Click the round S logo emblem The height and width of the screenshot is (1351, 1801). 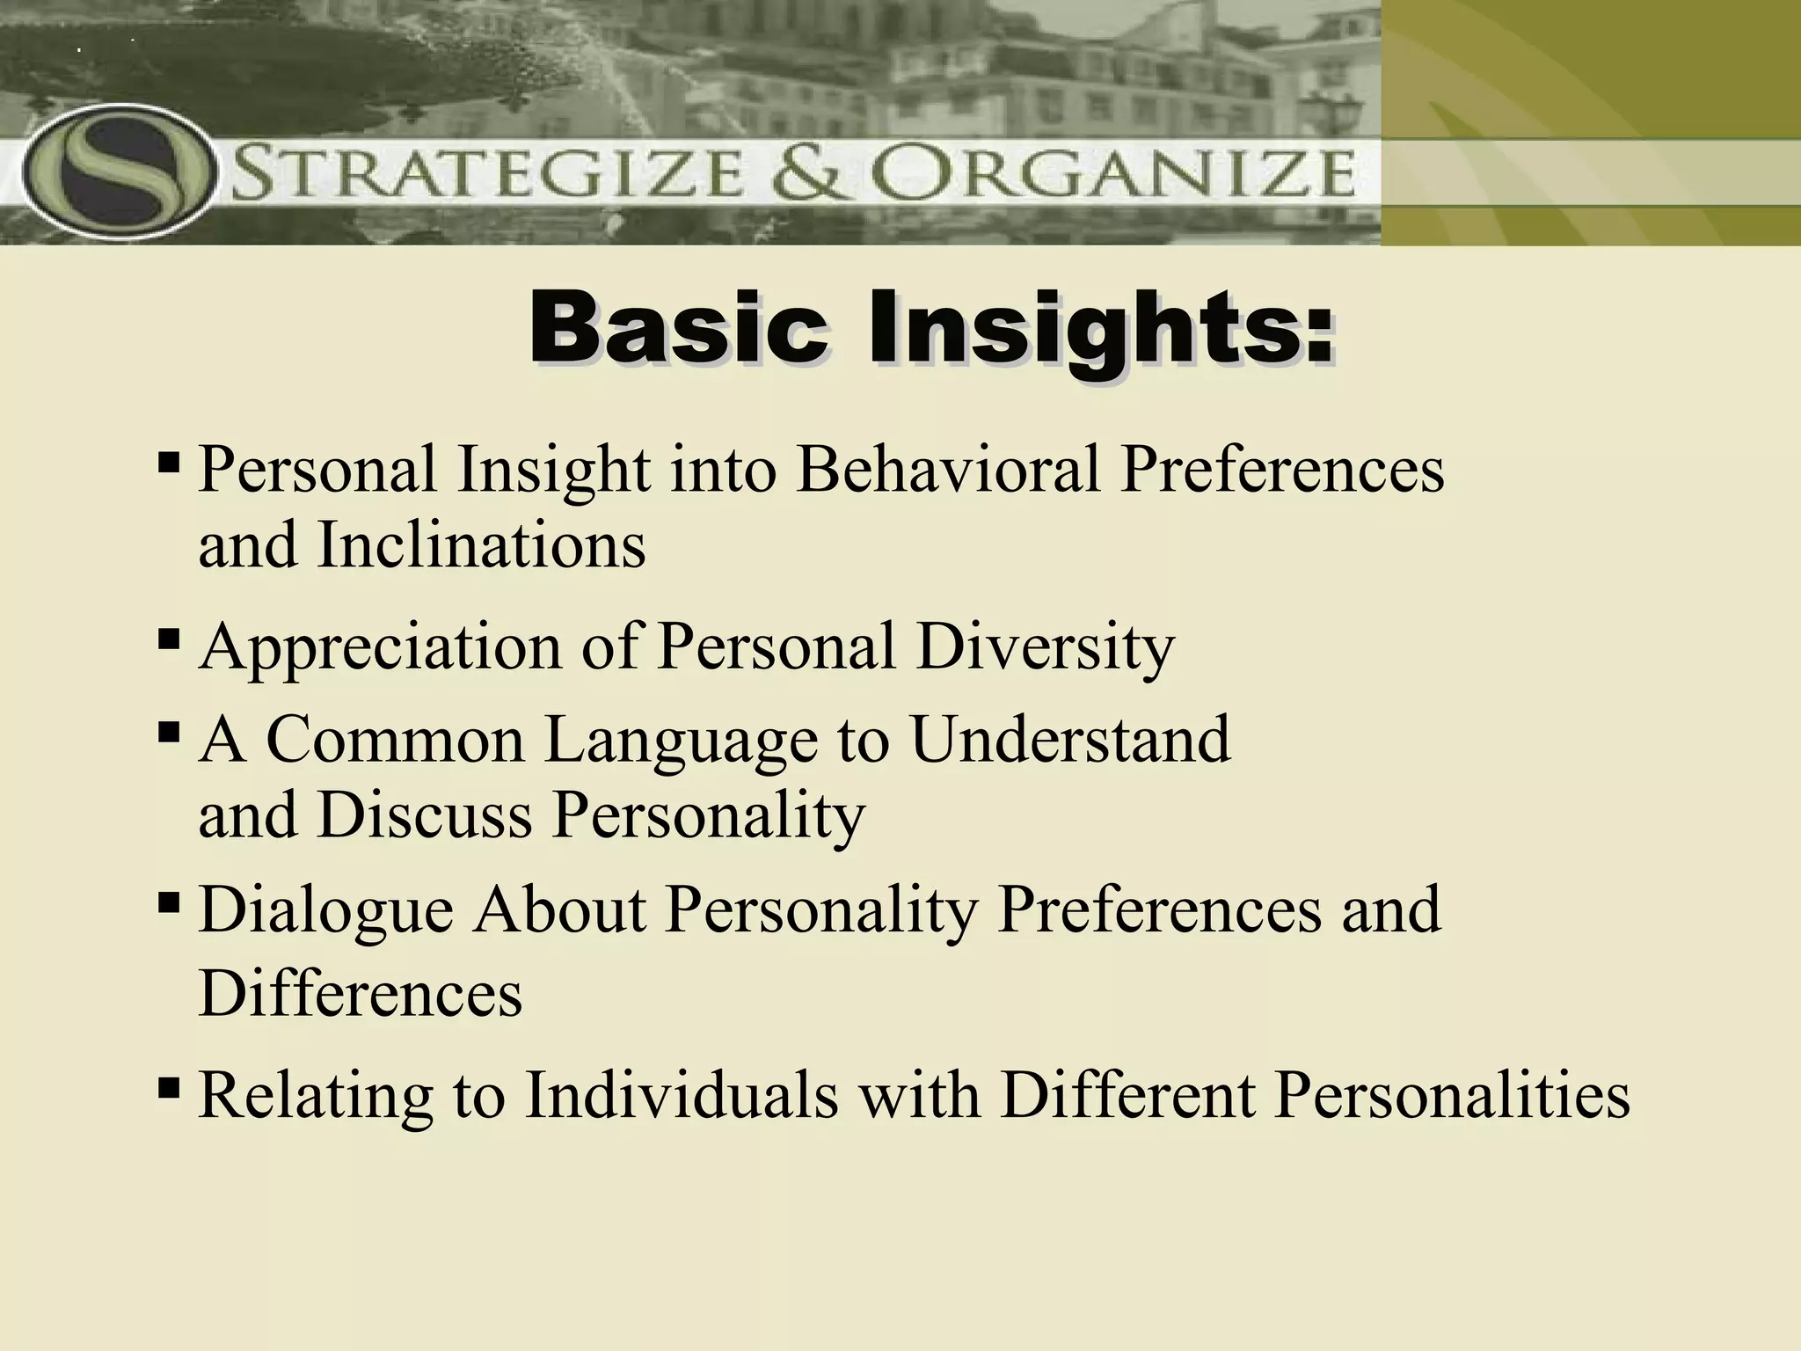tap(119, 172)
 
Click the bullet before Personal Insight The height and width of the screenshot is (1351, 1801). tap(169, 461)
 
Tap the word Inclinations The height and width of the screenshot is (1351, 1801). tap(481, 545)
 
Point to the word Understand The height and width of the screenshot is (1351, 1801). tap(1070, 739)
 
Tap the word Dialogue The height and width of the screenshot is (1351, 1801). tap(326, 910)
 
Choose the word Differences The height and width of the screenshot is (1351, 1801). tap(361, 994)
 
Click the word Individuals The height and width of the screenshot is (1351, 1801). tap(682, 1096)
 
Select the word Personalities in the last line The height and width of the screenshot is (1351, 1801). tap(1452, 1096)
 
